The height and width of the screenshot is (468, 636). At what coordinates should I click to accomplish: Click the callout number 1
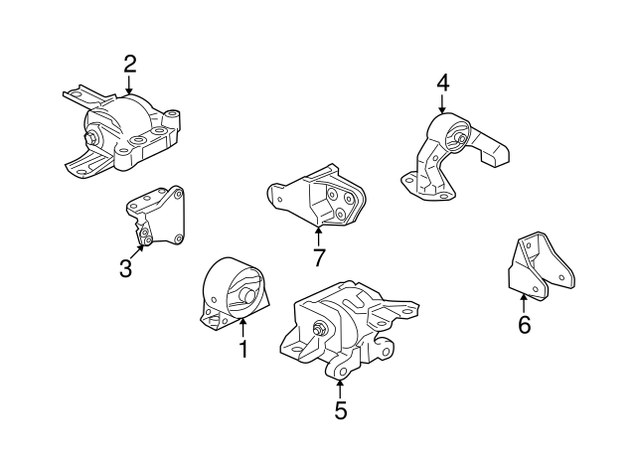pyautogui.click(x=241, y=349)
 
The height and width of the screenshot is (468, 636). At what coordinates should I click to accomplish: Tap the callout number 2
pyautogui.click(x=129, y=65)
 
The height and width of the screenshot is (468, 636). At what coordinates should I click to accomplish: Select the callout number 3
pyautogui.click(x=125, y=268)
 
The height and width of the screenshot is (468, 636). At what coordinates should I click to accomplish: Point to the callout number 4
pyautogui.click(x=442, y=81)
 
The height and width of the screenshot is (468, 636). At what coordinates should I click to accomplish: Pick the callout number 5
pyautogui.click(x=341, y=409)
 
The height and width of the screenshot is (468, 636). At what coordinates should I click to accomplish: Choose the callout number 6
pyautogui.click(x=524, y=324)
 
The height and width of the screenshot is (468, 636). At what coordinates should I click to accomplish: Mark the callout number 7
pyautogui.click(x=319, y=257)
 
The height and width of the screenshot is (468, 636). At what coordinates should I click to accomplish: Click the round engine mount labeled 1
pyautogui.click(x=235, y=290)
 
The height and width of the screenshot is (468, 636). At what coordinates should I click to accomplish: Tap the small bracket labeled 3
pyautogui.click(x=155, y=216)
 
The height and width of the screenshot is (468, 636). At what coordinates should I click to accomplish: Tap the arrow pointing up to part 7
pyautogui.click(x=319, y=235)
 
